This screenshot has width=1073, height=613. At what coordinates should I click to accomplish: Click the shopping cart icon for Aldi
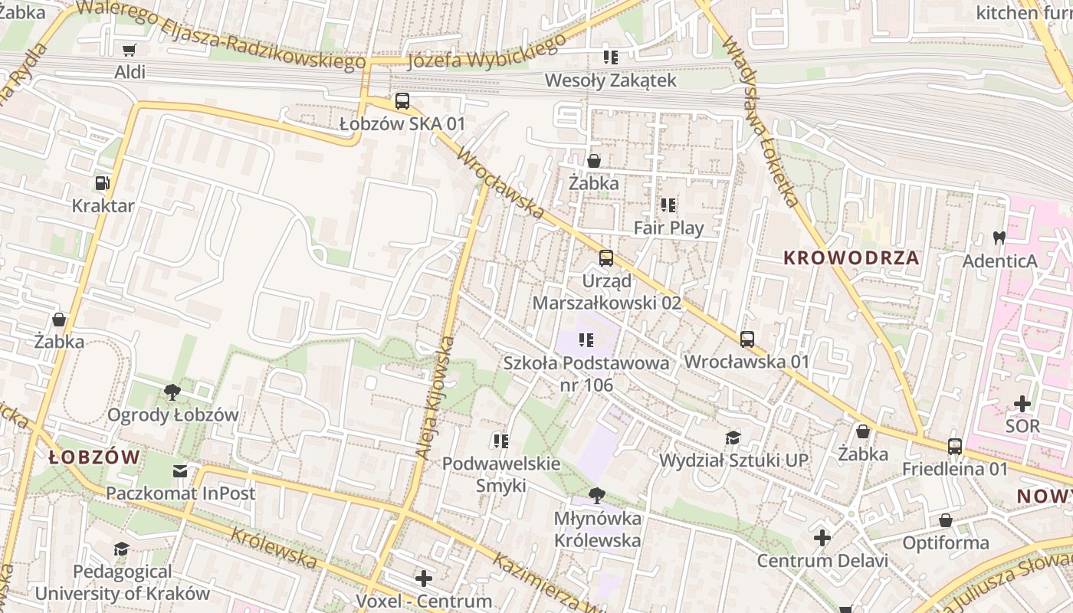pos(130,50)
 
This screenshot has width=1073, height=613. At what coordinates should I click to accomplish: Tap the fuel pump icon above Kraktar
pos(102,183)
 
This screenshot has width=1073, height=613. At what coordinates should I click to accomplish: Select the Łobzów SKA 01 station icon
pos(402,101)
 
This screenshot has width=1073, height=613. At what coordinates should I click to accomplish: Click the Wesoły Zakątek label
pos(610,80)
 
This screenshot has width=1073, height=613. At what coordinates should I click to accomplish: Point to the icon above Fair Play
pos(668,205)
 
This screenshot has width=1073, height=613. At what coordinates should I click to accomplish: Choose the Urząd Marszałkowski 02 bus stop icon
pos(606,258)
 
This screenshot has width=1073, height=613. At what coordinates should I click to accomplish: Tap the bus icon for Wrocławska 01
pos(747,339)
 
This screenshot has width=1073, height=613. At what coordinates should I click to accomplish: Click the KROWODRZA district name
pos(851,258)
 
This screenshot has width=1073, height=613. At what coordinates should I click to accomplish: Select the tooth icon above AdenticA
pos(999,238)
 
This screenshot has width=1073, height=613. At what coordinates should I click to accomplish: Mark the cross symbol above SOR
pos(1022,403)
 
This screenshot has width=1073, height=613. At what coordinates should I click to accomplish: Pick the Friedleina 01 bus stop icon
pos(954,446)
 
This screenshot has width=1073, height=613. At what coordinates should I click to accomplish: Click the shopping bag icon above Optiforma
pos(946,520)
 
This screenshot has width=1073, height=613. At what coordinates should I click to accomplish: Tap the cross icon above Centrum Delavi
pos(822,538)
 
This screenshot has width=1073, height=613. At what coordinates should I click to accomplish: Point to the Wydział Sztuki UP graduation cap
pos(733,438)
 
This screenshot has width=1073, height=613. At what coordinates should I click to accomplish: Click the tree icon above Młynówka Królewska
pos(597,496)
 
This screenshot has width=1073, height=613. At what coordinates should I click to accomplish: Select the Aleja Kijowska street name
pos(435,398)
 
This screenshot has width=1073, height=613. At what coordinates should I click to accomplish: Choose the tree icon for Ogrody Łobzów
pos(172,392)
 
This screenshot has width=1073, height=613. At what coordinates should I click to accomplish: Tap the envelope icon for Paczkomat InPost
pos(180,470)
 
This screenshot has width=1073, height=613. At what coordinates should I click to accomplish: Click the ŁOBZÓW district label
pos(94,457)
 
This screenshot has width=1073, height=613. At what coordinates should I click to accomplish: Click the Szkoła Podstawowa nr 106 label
pos(586,373)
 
